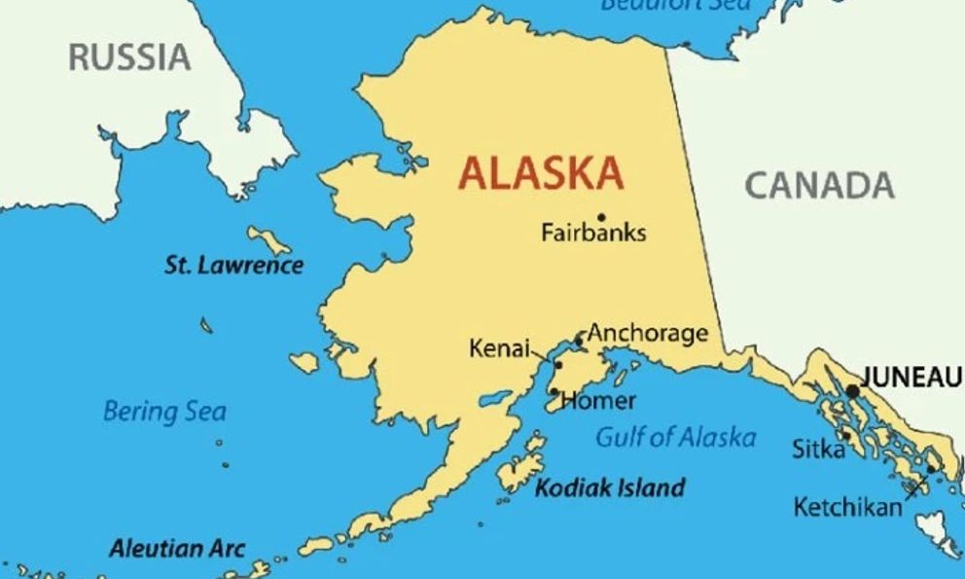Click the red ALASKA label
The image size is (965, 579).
tap(541, 173)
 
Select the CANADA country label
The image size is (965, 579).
tap(819, 184)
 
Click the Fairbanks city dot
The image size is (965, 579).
tap(601, 217)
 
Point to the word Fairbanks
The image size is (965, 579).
tap(593, 234)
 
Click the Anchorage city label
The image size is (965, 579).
tap(648, 334)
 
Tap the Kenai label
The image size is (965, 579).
tap(499, 347)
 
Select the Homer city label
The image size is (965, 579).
tap(598, 400)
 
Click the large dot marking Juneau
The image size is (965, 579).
tap(853, 390)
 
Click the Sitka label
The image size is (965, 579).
tap(817, 449)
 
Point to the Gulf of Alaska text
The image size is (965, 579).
tap(675, 437)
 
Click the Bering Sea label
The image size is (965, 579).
tap(164, 411)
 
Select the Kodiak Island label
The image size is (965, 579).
tap(610, 488)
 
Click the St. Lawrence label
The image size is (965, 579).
tap(233, 265)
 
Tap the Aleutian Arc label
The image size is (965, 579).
tap(177, 548)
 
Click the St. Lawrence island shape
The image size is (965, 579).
tap(268, 238)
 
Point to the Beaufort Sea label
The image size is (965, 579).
tap(675, 5)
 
